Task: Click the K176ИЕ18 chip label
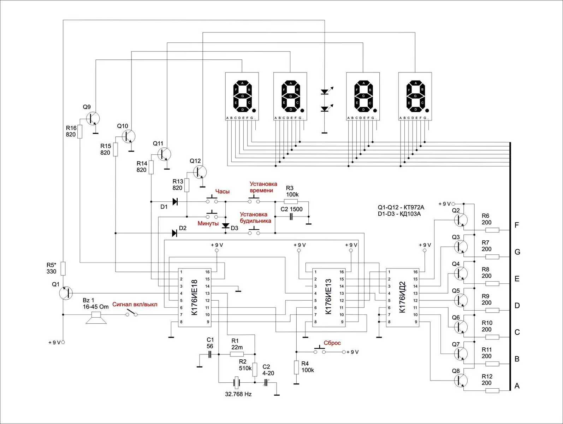pos(194,298)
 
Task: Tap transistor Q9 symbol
pos(93,118)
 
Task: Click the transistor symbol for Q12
pos(200,172)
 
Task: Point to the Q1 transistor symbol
pos(66,293)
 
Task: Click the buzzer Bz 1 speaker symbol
pos(96,318)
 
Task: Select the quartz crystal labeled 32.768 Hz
pos(237,382)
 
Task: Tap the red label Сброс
pos(332,343)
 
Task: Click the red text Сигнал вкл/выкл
pos(135,304)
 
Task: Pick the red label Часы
pos(222,192)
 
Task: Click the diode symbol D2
pos(174,233)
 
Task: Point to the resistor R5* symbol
pos(63,268)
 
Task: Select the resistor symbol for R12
pos(492,390)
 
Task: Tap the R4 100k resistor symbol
pos(296,367)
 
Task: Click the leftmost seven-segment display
pos(242,96)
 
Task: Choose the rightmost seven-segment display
pos(415,96)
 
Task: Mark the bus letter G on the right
pos(517,252)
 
